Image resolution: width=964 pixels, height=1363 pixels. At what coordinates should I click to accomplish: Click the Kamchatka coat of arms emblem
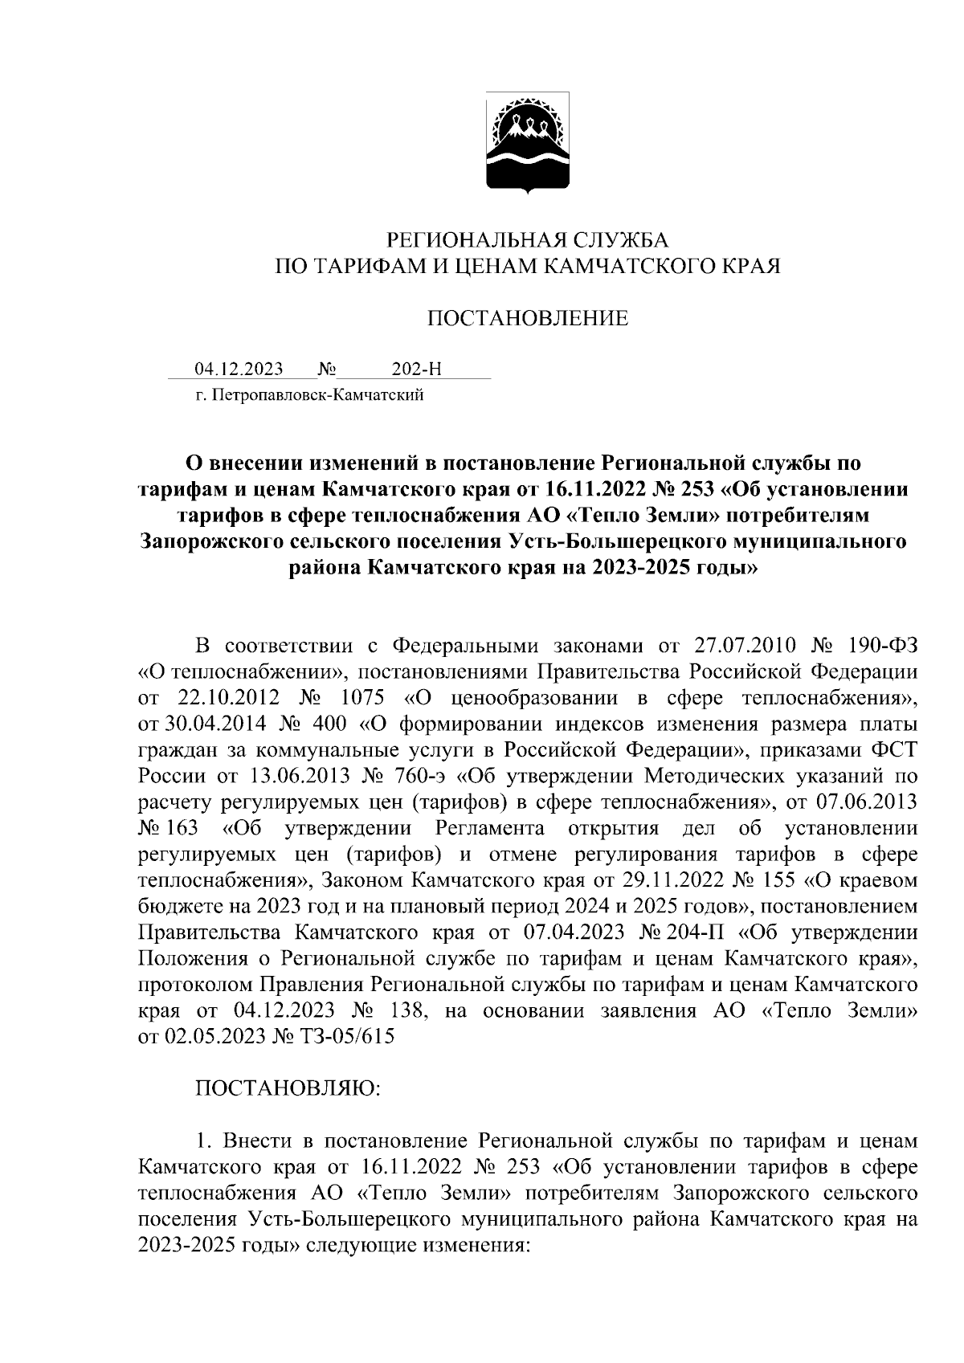tap(526, 145)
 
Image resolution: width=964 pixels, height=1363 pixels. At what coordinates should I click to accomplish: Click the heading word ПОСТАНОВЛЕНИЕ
tap(526, 319)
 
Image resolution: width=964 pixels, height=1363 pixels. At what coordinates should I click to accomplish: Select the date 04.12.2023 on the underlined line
tap(239, 369)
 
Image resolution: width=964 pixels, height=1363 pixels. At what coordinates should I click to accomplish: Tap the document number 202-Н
tap(417, 369)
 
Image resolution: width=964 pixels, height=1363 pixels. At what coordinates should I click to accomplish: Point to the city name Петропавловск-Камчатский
tap(314, 395)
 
